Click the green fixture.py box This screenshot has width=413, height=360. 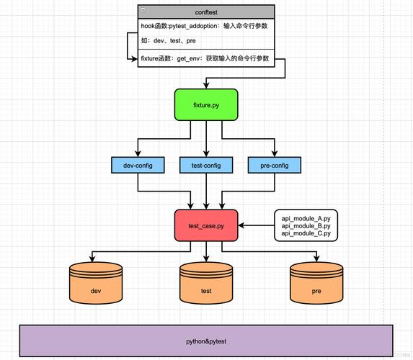pos(206,105)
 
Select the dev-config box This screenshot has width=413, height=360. pos(138,166)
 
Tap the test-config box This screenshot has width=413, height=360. pos(206,166)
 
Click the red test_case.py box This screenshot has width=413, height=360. pos(206,225)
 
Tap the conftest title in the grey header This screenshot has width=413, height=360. pos(206,12)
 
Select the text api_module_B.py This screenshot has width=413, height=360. pos(306,225)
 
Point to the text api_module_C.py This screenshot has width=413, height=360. pos(306,233)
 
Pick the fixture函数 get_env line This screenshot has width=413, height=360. pos(205,58)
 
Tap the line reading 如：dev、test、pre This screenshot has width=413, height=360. pos(169,41)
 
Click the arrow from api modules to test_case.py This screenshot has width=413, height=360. pos(256,225)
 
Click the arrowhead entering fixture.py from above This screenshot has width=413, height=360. pos(206,86)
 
